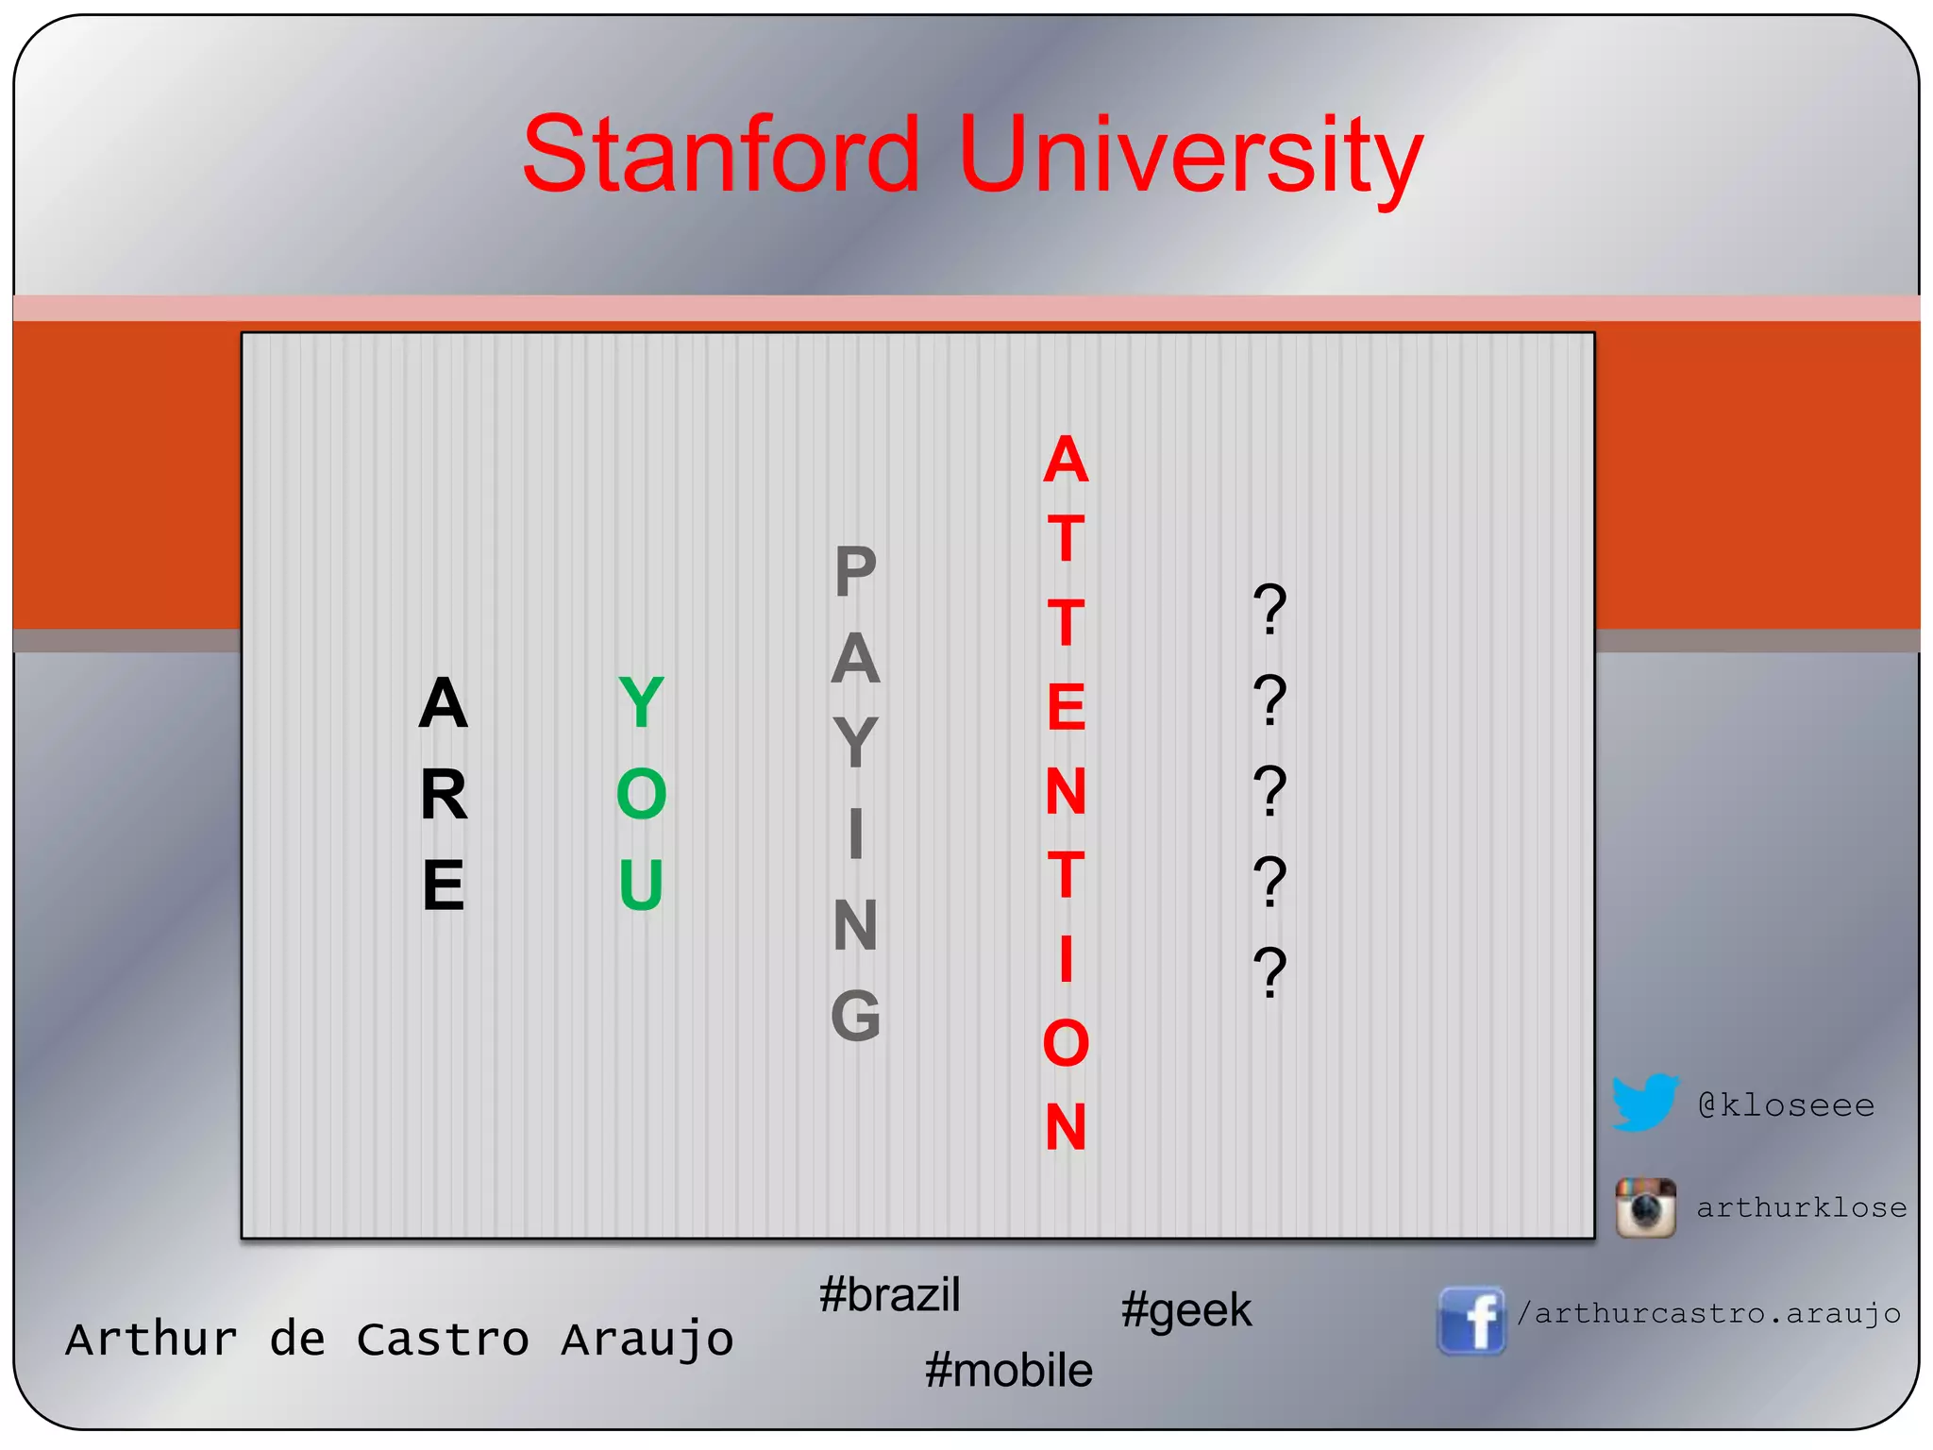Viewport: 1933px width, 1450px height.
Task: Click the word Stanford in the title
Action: coord(720,154)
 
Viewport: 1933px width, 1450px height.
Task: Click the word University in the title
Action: coord(1190,156)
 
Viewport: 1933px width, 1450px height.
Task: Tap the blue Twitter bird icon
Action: coord(1644,1102)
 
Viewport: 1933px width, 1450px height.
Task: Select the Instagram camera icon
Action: coord(1645,1207)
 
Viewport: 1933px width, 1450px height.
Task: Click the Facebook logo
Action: coord(1471,1320)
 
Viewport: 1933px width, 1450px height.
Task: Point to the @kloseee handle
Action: coord(1786,1104)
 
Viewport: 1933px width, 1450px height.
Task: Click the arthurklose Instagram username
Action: coord(1801,1207)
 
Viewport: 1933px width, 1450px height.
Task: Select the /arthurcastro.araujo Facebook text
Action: coord(1708,1313)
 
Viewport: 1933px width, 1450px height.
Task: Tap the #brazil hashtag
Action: coord(889,1294)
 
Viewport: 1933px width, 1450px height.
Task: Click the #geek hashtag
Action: coord(1185,1310)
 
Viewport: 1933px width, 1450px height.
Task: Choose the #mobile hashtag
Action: coord(1008,1370)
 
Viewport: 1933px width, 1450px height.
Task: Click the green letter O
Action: coord(641,794)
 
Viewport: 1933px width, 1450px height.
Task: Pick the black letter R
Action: coord(444,795)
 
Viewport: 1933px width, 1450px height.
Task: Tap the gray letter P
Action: coord(855,572)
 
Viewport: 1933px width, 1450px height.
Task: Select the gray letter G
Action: coord(855,1016)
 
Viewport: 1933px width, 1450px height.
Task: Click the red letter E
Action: coord(1066,707)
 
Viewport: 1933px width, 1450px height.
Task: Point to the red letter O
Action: coord(1066,1043)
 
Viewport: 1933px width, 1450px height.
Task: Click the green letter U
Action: coord(641,885)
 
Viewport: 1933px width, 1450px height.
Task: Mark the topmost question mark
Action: coord(1269,609)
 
